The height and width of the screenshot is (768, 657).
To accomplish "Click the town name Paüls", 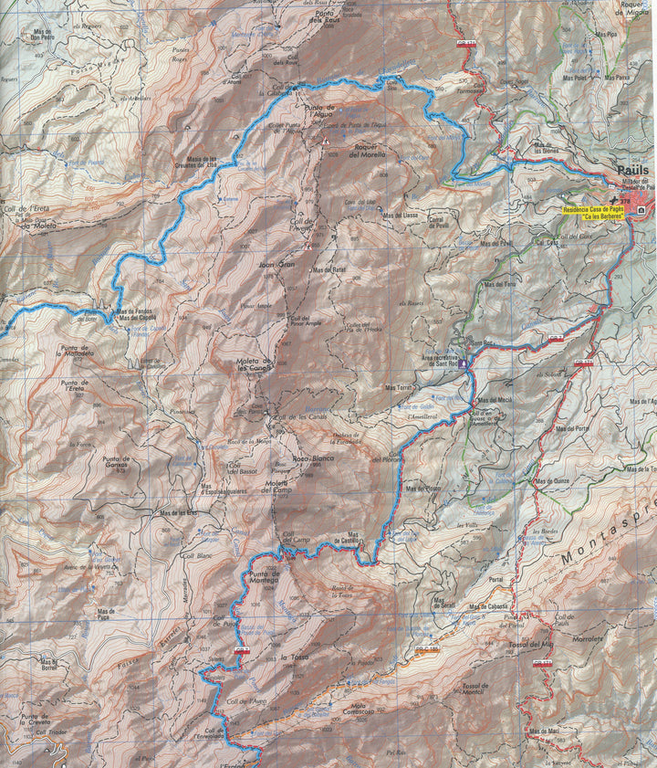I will tap(632, 170).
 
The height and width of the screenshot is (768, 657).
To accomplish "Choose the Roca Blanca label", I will tap(313, 458).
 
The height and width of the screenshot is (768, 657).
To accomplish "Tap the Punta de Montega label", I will tap(264, 576).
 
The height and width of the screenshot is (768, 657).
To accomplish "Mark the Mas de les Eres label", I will tap(179, 513).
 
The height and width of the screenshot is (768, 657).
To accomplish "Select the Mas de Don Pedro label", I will tap(43, 36).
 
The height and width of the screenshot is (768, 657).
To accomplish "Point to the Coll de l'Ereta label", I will tap(25, 209).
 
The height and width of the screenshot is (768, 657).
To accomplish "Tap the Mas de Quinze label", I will tap(553, 481).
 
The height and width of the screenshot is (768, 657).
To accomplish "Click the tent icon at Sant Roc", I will tap(464, 363).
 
